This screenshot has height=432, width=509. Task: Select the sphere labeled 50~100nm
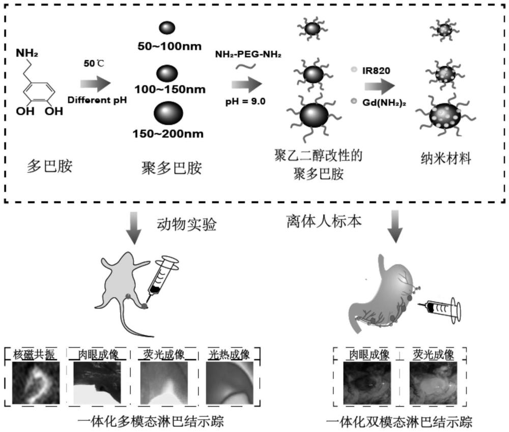point(168,28)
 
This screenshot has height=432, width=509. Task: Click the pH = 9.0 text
point(245,101)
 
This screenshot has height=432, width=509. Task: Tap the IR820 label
point(377,71)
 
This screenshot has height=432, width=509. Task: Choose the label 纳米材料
point(442,159)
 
